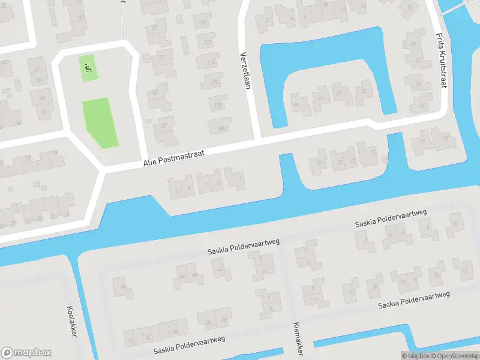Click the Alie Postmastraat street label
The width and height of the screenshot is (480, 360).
click(174, 159)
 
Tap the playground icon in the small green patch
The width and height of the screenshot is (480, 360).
click(89, 67)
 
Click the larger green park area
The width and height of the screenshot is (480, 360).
click(99, 122)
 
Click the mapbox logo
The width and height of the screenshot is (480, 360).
click(26, 353)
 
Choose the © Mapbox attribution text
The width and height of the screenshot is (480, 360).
click(416, 356)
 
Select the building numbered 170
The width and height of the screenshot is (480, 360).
click(203, 23)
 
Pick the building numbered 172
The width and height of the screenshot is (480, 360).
click(208, 43)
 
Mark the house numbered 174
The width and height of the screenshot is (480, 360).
click(211, 62)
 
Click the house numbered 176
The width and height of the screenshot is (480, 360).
click(215, 82)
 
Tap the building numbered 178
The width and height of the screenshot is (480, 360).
click(218, 106)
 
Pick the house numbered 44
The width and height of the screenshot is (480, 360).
click(182, 276)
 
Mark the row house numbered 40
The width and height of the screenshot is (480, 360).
click(131, 340)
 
